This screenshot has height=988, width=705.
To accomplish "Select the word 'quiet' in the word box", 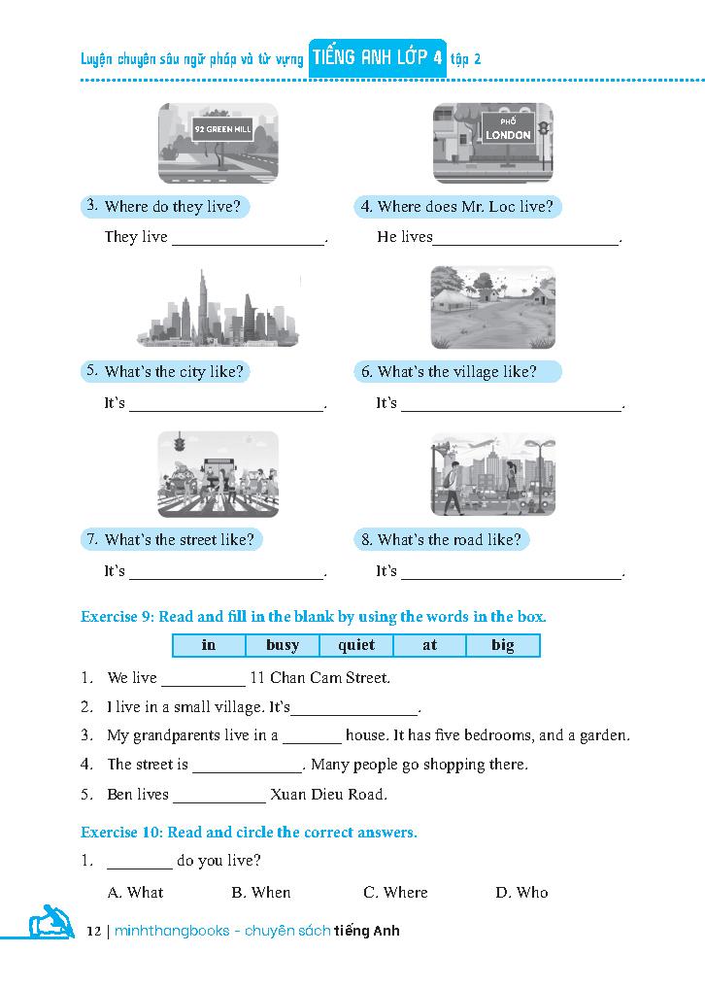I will pos(356,645).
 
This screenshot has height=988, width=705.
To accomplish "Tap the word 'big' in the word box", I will pos(503,645).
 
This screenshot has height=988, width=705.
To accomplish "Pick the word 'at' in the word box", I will pos(429,645).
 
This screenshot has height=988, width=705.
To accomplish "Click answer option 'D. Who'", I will pos(521,892).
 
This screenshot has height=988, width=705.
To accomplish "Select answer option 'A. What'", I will pos(135,892).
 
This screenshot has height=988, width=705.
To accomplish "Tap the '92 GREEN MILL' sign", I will pos(223,128).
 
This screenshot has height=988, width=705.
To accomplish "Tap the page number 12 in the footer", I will pos(93,931).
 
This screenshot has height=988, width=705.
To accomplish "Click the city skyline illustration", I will pos(218,309).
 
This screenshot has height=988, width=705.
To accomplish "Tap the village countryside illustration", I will pos(492,307).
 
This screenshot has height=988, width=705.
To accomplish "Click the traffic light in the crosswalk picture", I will pos(178,444).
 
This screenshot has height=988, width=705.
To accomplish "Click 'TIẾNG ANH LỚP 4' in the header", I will pos(377,58).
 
